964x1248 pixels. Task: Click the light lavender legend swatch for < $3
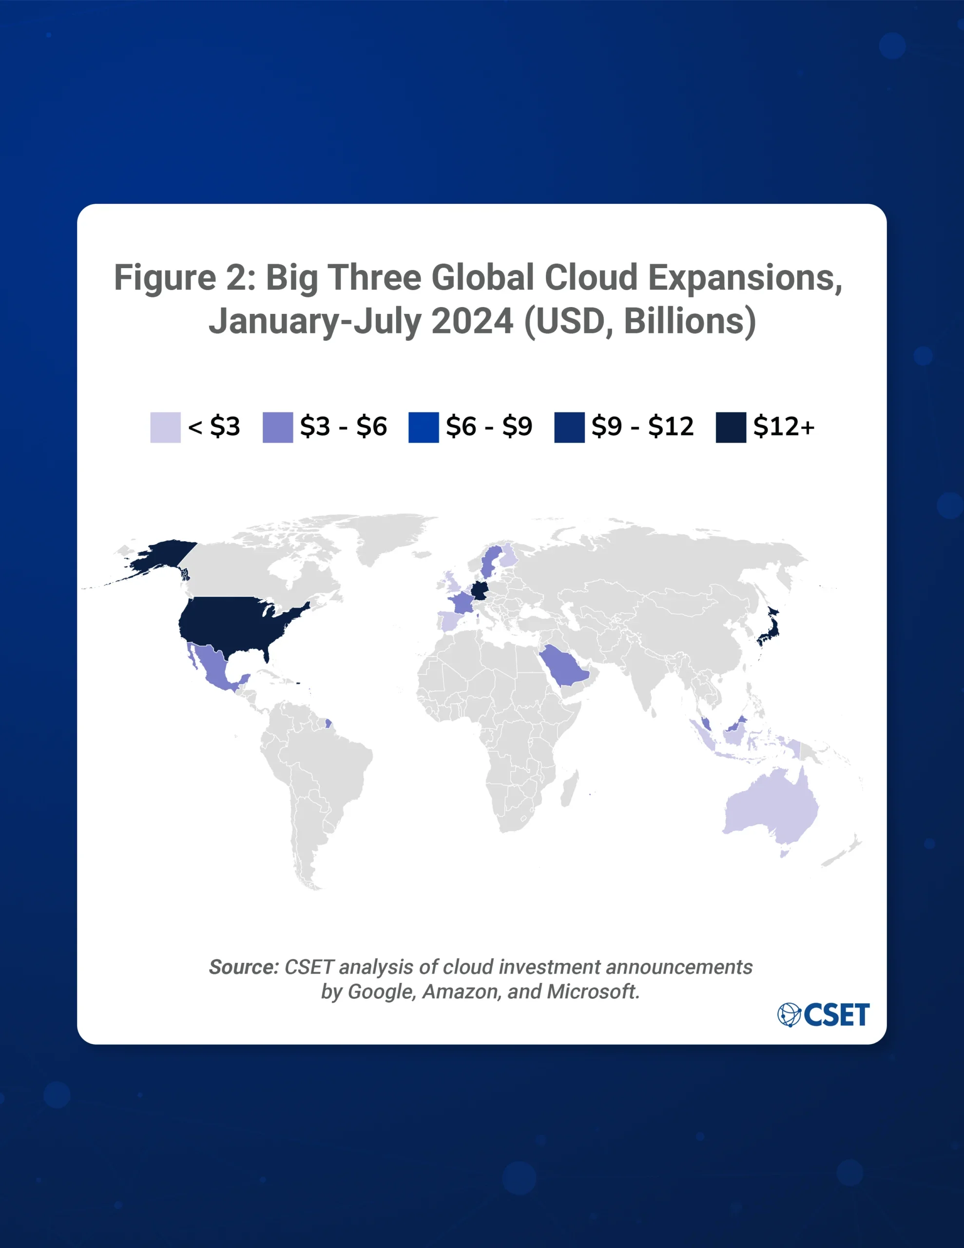pyautogui.click(x=165, y=427)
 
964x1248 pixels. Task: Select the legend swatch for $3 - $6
pyautogui.click(x=278, y=427)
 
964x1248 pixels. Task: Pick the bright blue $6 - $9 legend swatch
pyautogui.click(x=424, y=427)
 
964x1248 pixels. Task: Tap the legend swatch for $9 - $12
pyautogui.click(x=569, y=427)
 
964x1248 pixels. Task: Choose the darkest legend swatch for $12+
pyautogui.click(x=731, y=427)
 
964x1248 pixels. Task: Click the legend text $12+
pyautogui.click(x=783, y=426)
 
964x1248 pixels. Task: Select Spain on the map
pyautogui.click(x=448, y=621)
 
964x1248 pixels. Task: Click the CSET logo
pyautogui.click(x=824, y=1014)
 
